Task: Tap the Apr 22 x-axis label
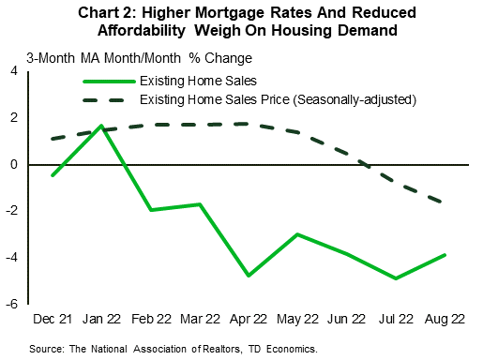click(249, 320)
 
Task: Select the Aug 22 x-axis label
click(443, 320)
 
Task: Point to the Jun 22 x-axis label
click(346, 320)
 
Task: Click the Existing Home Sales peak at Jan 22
click(101, 126)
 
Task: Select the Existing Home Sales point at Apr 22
click(249, 276)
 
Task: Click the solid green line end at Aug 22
click(444, 255)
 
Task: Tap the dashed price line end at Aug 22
click(444, 202)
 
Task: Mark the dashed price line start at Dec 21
click(54, 139)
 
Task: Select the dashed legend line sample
click(103, 99)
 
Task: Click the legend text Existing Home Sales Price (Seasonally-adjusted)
click(279, 99)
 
